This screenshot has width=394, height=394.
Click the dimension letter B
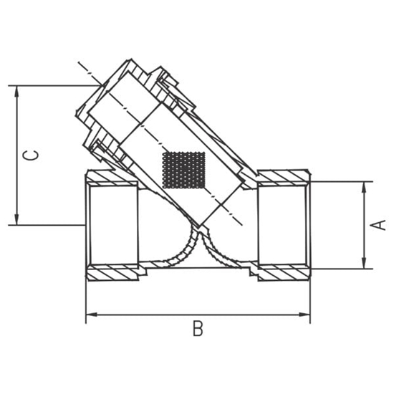[x=198, y=329]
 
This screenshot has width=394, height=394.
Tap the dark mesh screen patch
[x=185, y=170]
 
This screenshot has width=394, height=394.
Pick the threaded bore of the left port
[x=111, y=224]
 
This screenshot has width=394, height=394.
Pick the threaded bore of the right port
[x=285, y=224]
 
